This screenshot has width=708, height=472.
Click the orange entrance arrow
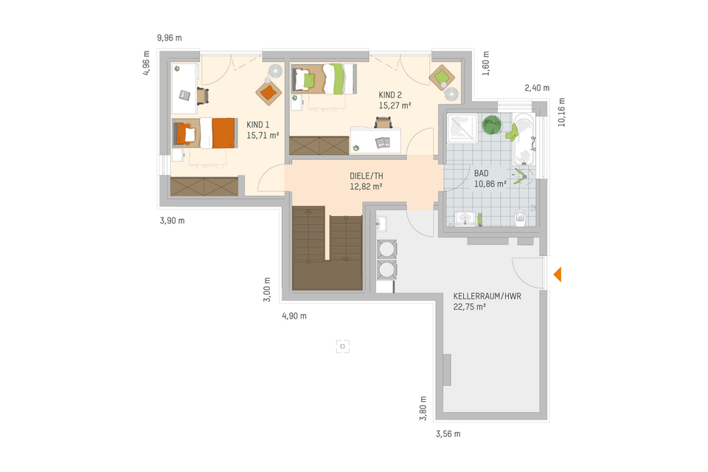click(558, 274)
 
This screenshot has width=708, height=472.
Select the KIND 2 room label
click(390, 95)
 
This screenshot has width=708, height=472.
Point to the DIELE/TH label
click(366, 176)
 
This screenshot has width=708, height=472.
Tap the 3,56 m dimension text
click(448, 434)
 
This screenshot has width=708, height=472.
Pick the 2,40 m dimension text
click(537, 87)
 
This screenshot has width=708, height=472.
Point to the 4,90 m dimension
click(294, 316)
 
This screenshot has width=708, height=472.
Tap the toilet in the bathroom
click(519, 216)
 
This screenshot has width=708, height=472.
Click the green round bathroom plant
click(492, 125)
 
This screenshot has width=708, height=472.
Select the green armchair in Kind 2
click(442, 76)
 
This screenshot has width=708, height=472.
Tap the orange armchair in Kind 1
click(268, 91)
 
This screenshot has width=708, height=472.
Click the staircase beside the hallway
click(327, 250)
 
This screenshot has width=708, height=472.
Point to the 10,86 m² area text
click(490, 184)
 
